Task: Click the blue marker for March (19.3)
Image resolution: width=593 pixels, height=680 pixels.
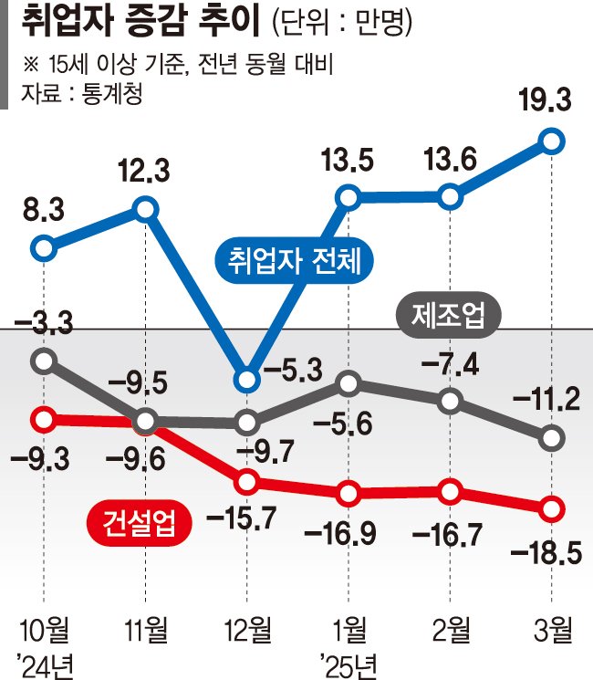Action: (x=552, y=141)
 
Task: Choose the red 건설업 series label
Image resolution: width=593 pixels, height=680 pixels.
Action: (x=134, y=522)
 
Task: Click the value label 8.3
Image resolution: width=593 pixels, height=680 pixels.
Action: (x=43, y=213)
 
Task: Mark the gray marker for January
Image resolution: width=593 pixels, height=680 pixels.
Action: (x=348, y=384)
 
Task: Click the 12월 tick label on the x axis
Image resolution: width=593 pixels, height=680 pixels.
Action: (x=246, y=630)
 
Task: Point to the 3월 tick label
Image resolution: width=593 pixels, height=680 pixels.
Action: (x=550, y=630)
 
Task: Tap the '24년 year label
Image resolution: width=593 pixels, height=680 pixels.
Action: (x=44, y=660)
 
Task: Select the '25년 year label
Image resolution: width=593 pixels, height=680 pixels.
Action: (x=350, y=660)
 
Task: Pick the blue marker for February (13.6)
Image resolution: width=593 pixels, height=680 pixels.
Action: (x=449, y=196)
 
